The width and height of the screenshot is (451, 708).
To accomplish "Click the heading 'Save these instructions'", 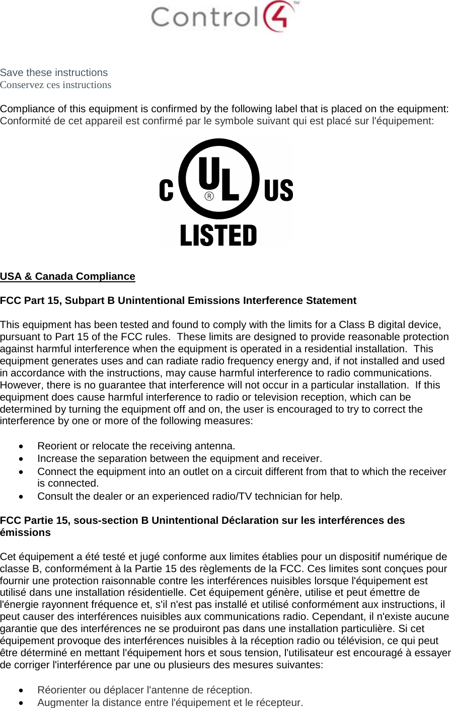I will (54, 72).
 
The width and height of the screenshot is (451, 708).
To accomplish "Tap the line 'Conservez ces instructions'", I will (55, 85).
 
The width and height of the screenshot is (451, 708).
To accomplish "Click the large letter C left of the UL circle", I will (167, 191).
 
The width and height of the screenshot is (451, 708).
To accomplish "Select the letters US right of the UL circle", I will (278, 191).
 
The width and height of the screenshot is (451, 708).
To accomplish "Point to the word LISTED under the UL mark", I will (218, 236).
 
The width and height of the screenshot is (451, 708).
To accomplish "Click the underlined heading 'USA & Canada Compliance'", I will (67, 276).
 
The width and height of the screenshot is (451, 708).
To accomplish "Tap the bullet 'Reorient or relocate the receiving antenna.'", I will (136, 446).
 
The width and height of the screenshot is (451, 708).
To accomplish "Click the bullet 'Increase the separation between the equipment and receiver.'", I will (180, 458).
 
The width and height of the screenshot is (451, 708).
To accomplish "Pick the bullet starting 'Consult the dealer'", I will (190, 496).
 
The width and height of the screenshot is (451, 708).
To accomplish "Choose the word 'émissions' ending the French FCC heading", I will (25, 532).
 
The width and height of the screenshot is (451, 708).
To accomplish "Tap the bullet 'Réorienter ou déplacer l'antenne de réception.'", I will (145, 690).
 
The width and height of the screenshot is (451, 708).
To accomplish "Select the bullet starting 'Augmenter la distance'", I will (170, 702).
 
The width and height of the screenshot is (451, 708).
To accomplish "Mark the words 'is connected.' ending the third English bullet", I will (68, 484).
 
